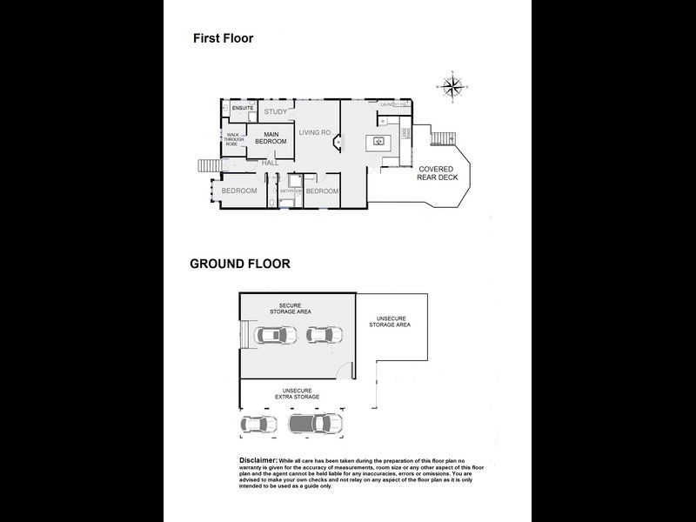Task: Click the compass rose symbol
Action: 452,85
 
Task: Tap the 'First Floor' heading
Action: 223,38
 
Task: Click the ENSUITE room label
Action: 242,108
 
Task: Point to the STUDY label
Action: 275,112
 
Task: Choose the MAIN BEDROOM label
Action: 270,137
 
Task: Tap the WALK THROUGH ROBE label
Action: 237,139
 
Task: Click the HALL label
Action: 271,163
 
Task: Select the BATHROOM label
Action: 291,191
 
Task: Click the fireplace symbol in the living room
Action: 340,142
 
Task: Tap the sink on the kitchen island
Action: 379,141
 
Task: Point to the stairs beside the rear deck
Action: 444,138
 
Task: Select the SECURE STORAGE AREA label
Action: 297,308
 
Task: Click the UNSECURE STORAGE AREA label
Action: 389,322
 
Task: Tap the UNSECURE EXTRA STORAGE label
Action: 297,393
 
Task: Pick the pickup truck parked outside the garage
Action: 314,424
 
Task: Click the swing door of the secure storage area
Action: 347,371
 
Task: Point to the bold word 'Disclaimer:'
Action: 258,458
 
